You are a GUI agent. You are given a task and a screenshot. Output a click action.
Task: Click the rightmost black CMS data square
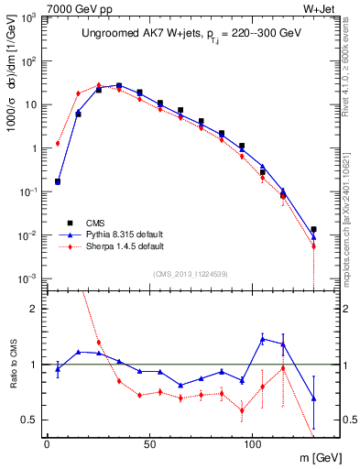[313, 230]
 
